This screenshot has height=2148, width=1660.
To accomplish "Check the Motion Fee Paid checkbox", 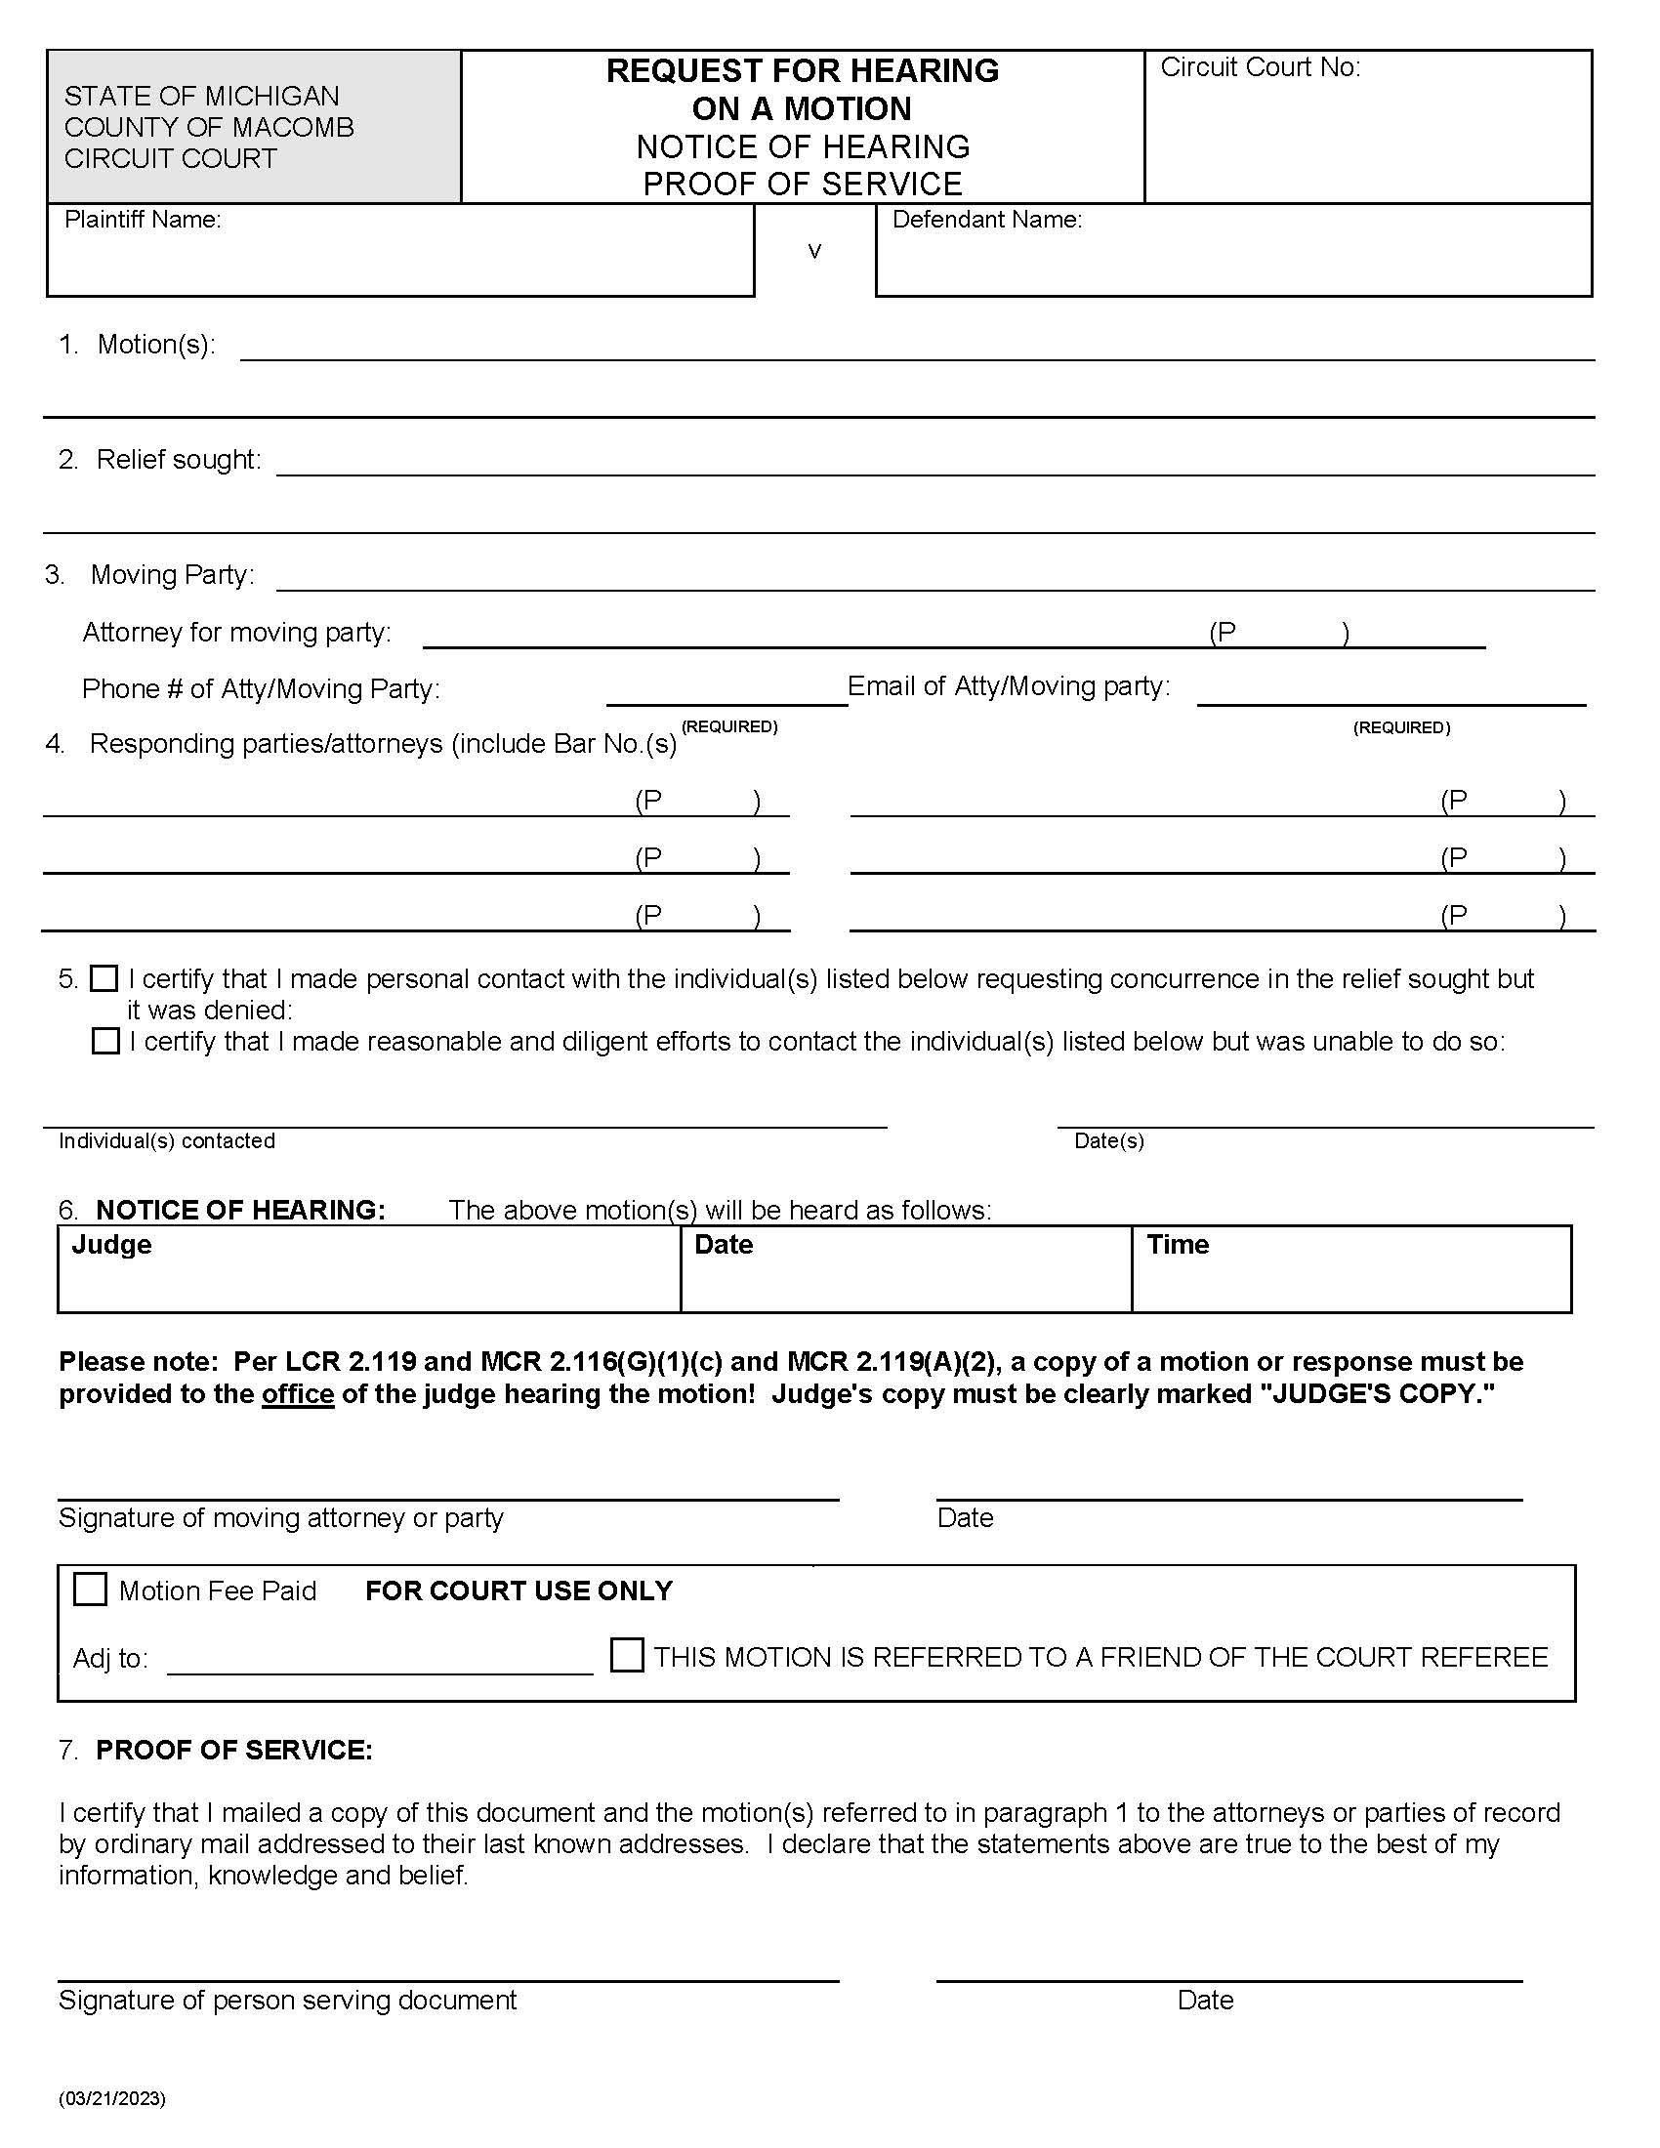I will point(91,1590).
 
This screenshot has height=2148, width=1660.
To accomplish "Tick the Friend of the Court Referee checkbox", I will point(627,1655).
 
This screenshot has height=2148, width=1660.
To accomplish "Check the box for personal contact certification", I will point(104,978).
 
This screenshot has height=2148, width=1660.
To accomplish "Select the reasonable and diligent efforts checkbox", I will point(105,1041).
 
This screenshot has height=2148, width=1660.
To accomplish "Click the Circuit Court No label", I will point(1260,68).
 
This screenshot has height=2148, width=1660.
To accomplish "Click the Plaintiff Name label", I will point(143,220).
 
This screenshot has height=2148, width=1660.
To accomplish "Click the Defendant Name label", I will point(986,220).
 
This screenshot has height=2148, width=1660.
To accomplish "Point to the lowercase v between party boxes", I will point(814,252).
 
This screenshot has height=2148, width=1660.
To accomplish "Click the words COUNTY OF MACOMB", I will point(209,127).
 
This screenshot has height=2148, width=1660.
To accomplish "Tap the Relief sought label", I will point(178,459).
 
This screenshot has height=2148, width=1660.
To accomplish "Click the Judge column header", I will point(111,1244).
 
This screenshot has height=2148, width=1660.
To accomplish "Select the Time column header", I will point(1178,1244).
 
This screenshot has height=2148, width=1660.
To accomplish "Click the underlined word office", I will point(297,1394).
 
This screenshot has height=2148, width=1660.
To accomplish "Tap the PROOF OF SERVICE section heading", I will point(234,1750).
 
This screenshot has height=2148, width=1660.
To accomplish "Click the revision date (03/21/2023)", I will point(112,2098).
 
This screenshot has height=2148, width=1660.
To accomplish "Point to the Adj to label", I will point(110,1659).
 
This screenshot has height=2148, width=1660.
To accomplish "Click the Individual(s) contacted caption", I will point(166,1140).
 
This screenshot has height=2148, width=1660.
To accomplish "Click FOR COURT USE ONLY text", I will point(519,1590).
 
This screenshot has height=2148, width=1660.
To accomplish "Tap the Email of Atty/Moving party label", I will point(1008,686).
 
